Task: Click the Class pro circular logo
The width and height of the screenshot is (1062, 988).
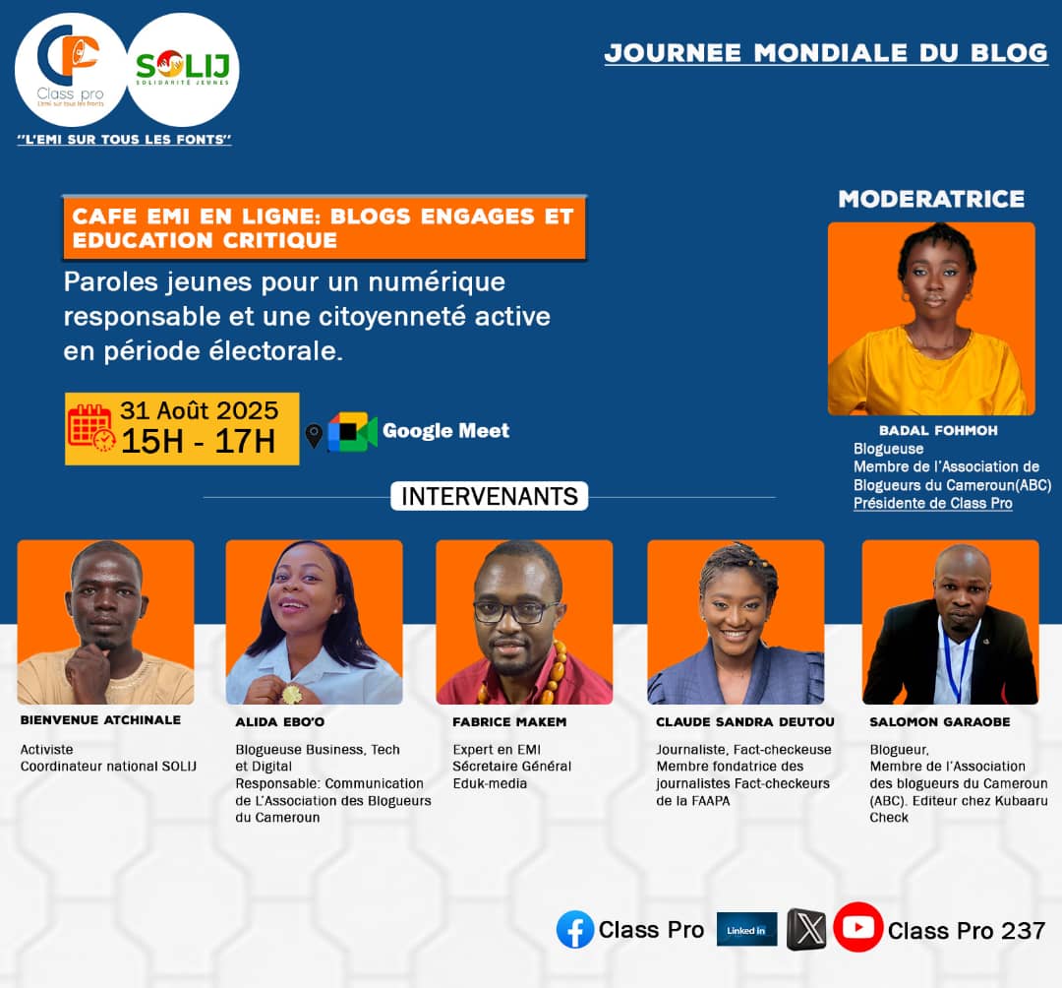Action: point(71,69)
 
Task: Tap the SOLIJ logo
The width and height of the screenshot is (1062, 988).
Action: point(183,69)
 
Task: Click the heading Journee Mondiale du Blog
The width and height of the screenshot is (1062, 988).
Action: point(826,53)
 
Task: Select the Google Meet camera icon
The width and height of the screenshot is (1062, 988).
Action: point(353,431)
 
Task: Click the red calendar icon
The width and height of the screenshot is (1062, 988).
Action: point(91,428)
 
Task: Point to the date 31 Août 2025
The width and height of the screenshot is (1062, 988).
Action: point(200,410)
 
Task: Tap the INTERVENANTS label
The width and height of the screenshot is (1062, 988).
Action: point(489,496)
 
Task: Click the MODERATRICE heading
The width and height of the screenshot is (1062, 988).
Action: point(931,199)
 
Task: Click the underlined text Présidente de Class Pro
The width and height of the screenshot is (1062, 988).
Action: point(932,504)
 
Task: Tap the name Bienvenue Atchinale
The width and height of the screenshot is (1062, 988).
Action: point(100,720)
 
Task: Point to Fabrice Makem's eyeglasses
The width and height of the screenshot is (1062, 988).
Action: point(516,611)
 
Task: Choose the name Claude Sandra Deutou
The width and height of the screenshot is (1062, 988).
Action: point(745,722)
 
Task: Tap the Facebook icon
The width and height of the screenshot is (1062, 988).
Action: point(575,930)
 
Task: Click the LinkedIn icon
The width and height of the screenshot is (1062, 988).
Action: point(746,930)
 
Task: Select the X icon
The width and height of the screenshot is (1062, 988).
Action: point(806,930)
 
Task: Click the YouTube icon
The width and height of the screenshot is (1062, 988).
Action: point(857,927)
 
